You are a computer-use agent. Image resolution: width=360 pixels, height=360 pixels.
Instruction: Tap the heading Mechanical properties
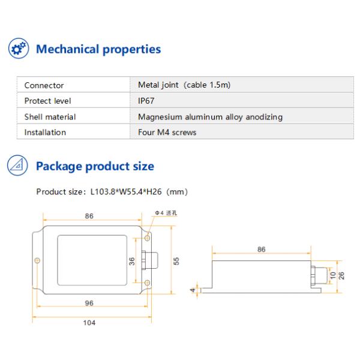98,49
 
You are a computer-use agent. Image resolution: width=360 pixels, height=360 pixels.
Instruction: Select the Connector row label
44,85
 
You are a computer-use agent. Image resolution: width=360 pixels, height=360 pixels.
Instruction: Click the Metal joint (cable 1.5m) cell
184,85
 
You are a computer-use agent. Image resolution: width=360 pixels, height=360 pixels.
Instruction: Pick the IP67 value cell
146,101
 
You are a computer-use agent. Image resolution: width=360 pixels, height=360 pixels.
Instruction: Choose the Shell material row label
50,117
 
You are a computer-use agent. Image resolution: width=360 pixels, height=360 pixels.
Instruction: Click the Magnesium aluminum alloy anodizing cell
210,117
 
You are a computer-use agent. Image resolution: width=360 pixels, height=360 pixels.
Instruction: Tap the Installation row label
45,133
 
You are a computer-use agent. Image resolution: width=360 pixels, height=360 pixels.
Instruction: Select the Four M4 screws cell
167,133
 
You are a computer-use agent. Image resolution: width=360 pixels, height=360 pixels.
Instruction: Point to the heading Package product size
95,166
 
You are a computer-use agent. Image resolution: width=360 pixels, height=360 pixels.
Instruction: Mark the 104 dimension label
89,323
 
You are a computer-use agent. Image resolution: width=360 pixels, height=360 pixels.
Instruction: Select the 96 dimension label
89,303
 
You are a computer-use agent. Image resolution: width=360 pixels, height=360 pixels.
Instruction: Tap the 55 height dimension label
176,260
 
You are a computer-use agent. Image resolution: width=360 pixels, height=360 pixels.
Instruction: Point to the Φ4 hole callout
164,213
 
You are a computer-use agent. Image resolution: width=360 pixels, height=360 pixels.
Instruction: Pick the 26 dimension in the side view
341,275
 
